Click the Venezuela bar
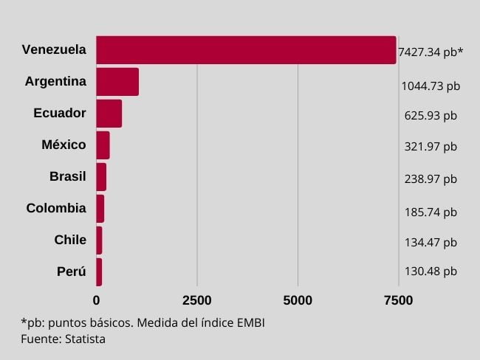[x=246, y=50]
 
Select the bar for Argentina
[x=117, y=82]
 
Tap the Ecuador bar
[x=109, y=114]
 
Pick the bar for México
[x=103, y=145]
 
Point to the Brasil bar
[x=101, y=177]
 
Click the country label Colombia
[x=56, y=208]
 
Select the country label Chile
[x=70, y=240]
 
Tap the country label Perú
[x=71, y=271]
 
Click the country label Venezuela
[x=54, y=50]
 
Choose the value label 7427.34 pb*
[x=430, y=52]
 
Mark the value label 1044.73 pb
[x=431, y=86]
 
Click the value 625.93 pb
[x=431, y=116]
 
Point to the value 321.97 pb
[x=431, y=146]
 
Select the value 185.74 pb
[x=431, y=212]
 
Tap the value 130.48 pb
[x=431, y=271]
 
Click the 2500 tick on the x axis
[x=197, y=300]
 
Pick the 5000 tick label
[x=298, y=300]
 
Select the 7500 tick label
[x=398, y=300]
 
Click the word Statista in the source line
[x=84, y=339]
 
